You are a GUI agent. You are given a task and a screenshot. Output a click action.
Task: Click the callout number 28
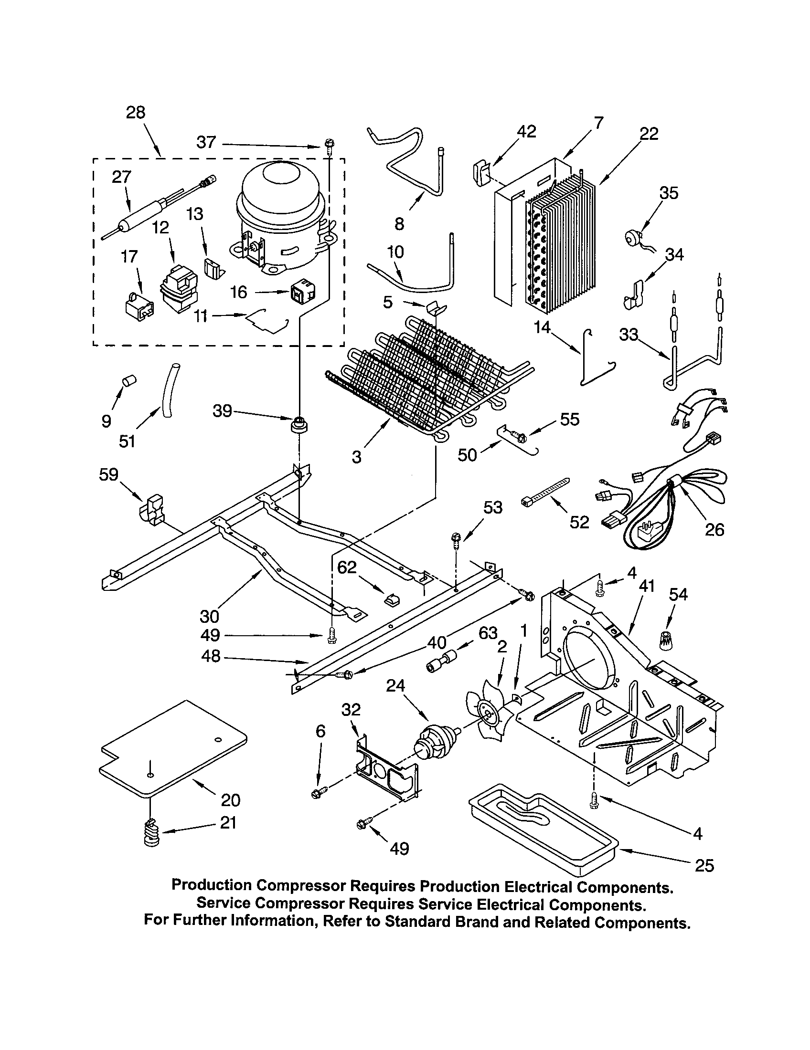[135, 113]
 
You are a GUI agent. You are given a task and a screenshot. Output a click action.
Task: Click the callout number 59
[108, 474]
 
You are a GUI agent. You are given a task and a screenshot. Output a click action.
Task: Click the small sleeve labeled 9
[128, 381]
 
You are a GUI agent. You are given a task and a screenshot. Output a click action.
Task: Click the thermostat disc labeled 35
[632, 238]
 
